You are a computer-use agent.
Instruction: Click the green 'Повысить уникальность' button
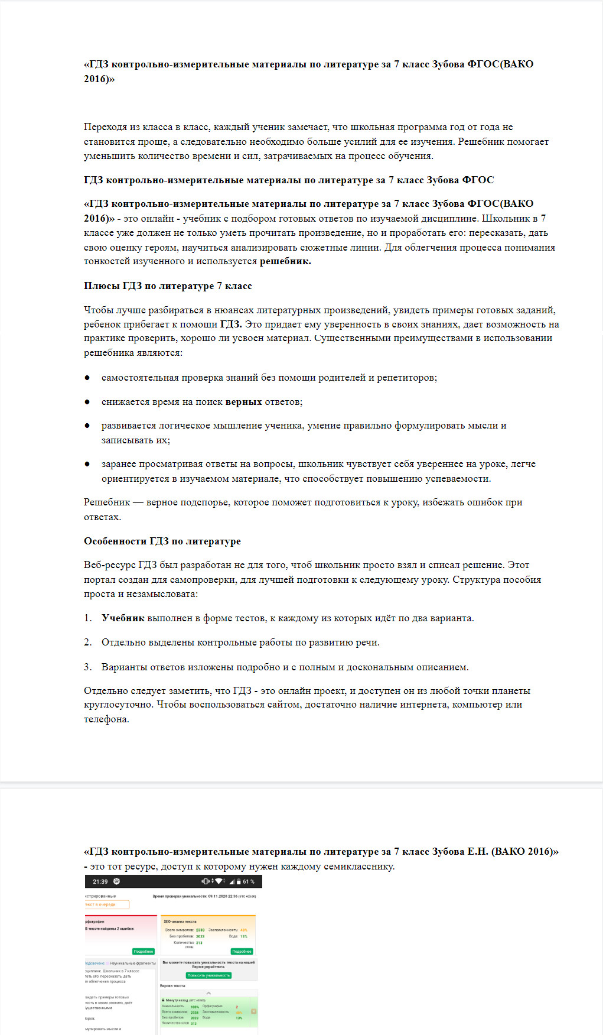(x=208, y=975)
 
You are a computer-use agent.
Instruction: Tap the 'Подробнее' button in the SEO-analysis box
(x=242, y=951)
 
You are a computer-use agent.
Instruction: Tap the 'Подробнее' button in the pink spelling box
(x=144, y=951)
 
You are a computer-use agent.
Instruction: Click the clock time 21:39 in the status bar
(x=100, y=881)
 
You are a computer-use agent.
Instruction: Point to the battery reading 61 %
(x=249, y=881)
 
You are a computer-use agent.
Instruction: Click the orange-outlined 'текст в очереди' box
(x=107, y=904)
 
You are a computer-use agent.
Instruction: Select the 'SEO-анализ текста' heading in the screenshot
(x=180, y=922)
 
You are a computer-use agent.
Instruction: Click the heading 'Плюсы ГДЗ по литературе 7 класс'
(x=168, y=286)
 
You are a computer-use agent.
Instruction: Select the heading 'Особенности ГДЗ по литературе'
(x=162, y=541)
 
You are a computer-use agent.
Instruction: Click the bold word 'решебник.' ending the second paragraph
(x=285, y=261)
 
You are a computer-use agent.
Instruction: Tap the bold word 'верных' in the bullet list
(x=243, y=402)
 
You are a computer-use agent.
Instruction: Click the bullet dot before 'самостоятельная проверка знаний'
(x=87, y=378)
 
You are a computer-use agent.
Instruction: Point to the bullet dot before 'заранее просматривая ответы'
(x=87, y=464)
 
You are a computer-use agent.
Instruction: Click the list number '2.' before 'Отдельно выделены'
(x=88, y=643)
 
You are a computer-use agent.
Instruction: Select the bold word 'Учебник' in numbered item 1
(x=123, y=618)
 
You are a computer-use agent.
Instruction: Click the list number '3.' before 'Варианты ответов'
(x=88, y=667)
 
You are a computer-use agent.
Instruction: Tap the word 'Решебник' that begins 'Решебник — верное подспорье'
(x=107, y=502)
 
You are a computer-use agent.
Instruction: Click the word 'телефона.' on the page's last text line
(x=106, y=719)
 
